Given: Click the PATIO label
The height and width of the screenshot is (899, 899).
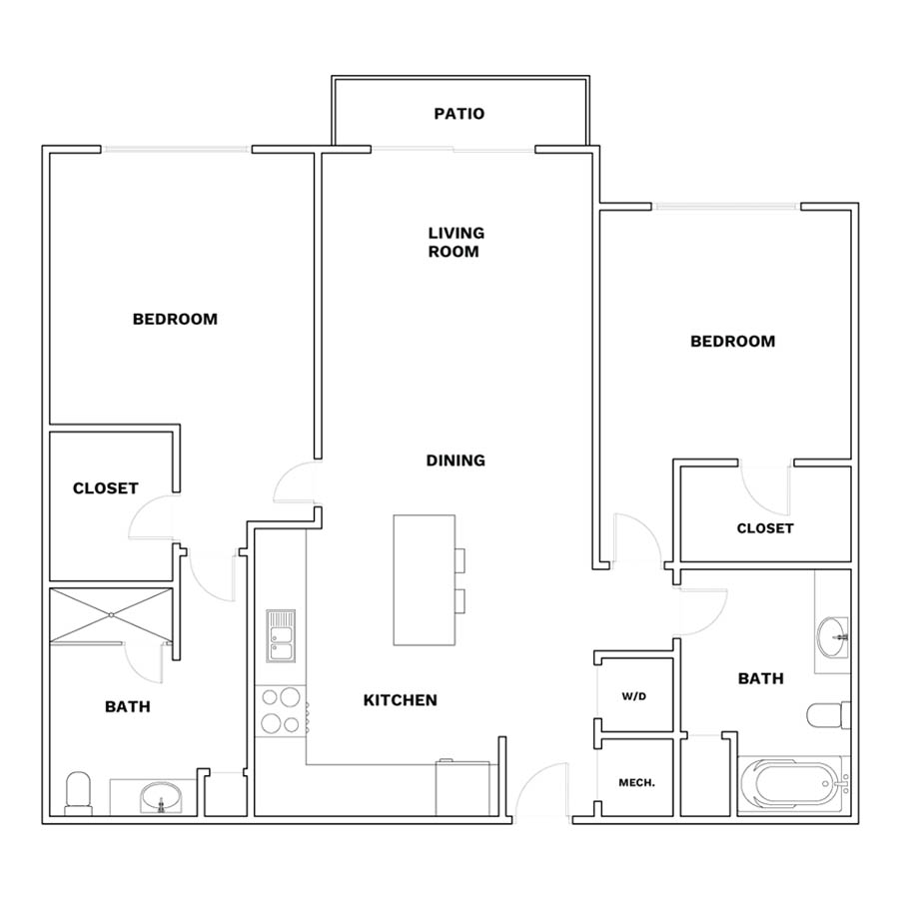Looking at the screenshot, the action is tap(458, 114).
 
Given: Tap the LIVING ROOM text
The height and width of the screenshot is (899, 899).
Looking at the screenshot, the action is tap(456, 242).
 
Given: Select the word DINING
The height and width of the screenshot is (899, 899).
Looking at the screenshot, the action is tap(455, 460).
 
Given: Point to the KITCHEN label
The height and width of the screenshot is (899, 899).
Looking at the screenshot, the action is tap(401, 700).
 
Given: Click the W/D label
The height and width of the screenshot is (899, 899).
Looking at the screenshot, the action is tap(634, 696).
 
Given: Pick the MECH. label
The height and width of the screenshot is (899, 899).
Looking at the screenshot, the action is tap(636, 782).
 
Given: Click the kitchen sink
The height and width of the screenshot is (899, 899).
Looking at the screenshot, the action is tap(281, 636).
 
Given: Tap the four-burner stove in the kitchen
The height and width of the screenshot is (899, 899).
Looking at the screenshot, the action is tap(281, 711).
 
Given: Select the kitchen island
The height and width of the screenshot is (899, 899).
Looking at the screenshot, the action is tap(425, 580).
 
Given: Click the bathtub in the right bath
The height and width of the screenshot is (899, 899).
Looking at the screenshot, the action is tap(793, 783).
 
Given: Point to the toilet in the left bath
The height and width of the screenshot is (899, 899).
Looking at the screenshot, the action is tap(79, 793).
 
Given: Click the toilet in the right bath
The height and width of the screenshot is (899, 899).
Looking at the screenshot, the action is tap(828, 715).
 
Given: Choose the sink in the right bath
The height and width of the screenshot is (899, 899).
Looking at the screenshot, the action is tap(832, 636).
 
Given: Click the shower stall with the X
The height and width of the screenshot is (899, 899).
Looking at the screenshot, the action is tap(111, 615).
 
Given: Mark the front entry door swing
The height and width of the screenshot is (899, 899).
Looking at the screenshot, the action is tap(541, 793).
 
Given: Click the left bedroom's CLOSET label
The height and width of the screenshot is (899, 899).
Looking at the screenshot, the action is tap(106, 488).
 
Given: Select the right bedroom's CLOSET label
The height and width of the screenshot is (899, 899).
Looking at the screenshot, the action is tap(765, 528).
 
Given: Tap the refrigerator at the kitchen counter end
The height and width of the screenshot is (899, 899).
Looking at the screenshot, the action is tap(462, 788).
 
